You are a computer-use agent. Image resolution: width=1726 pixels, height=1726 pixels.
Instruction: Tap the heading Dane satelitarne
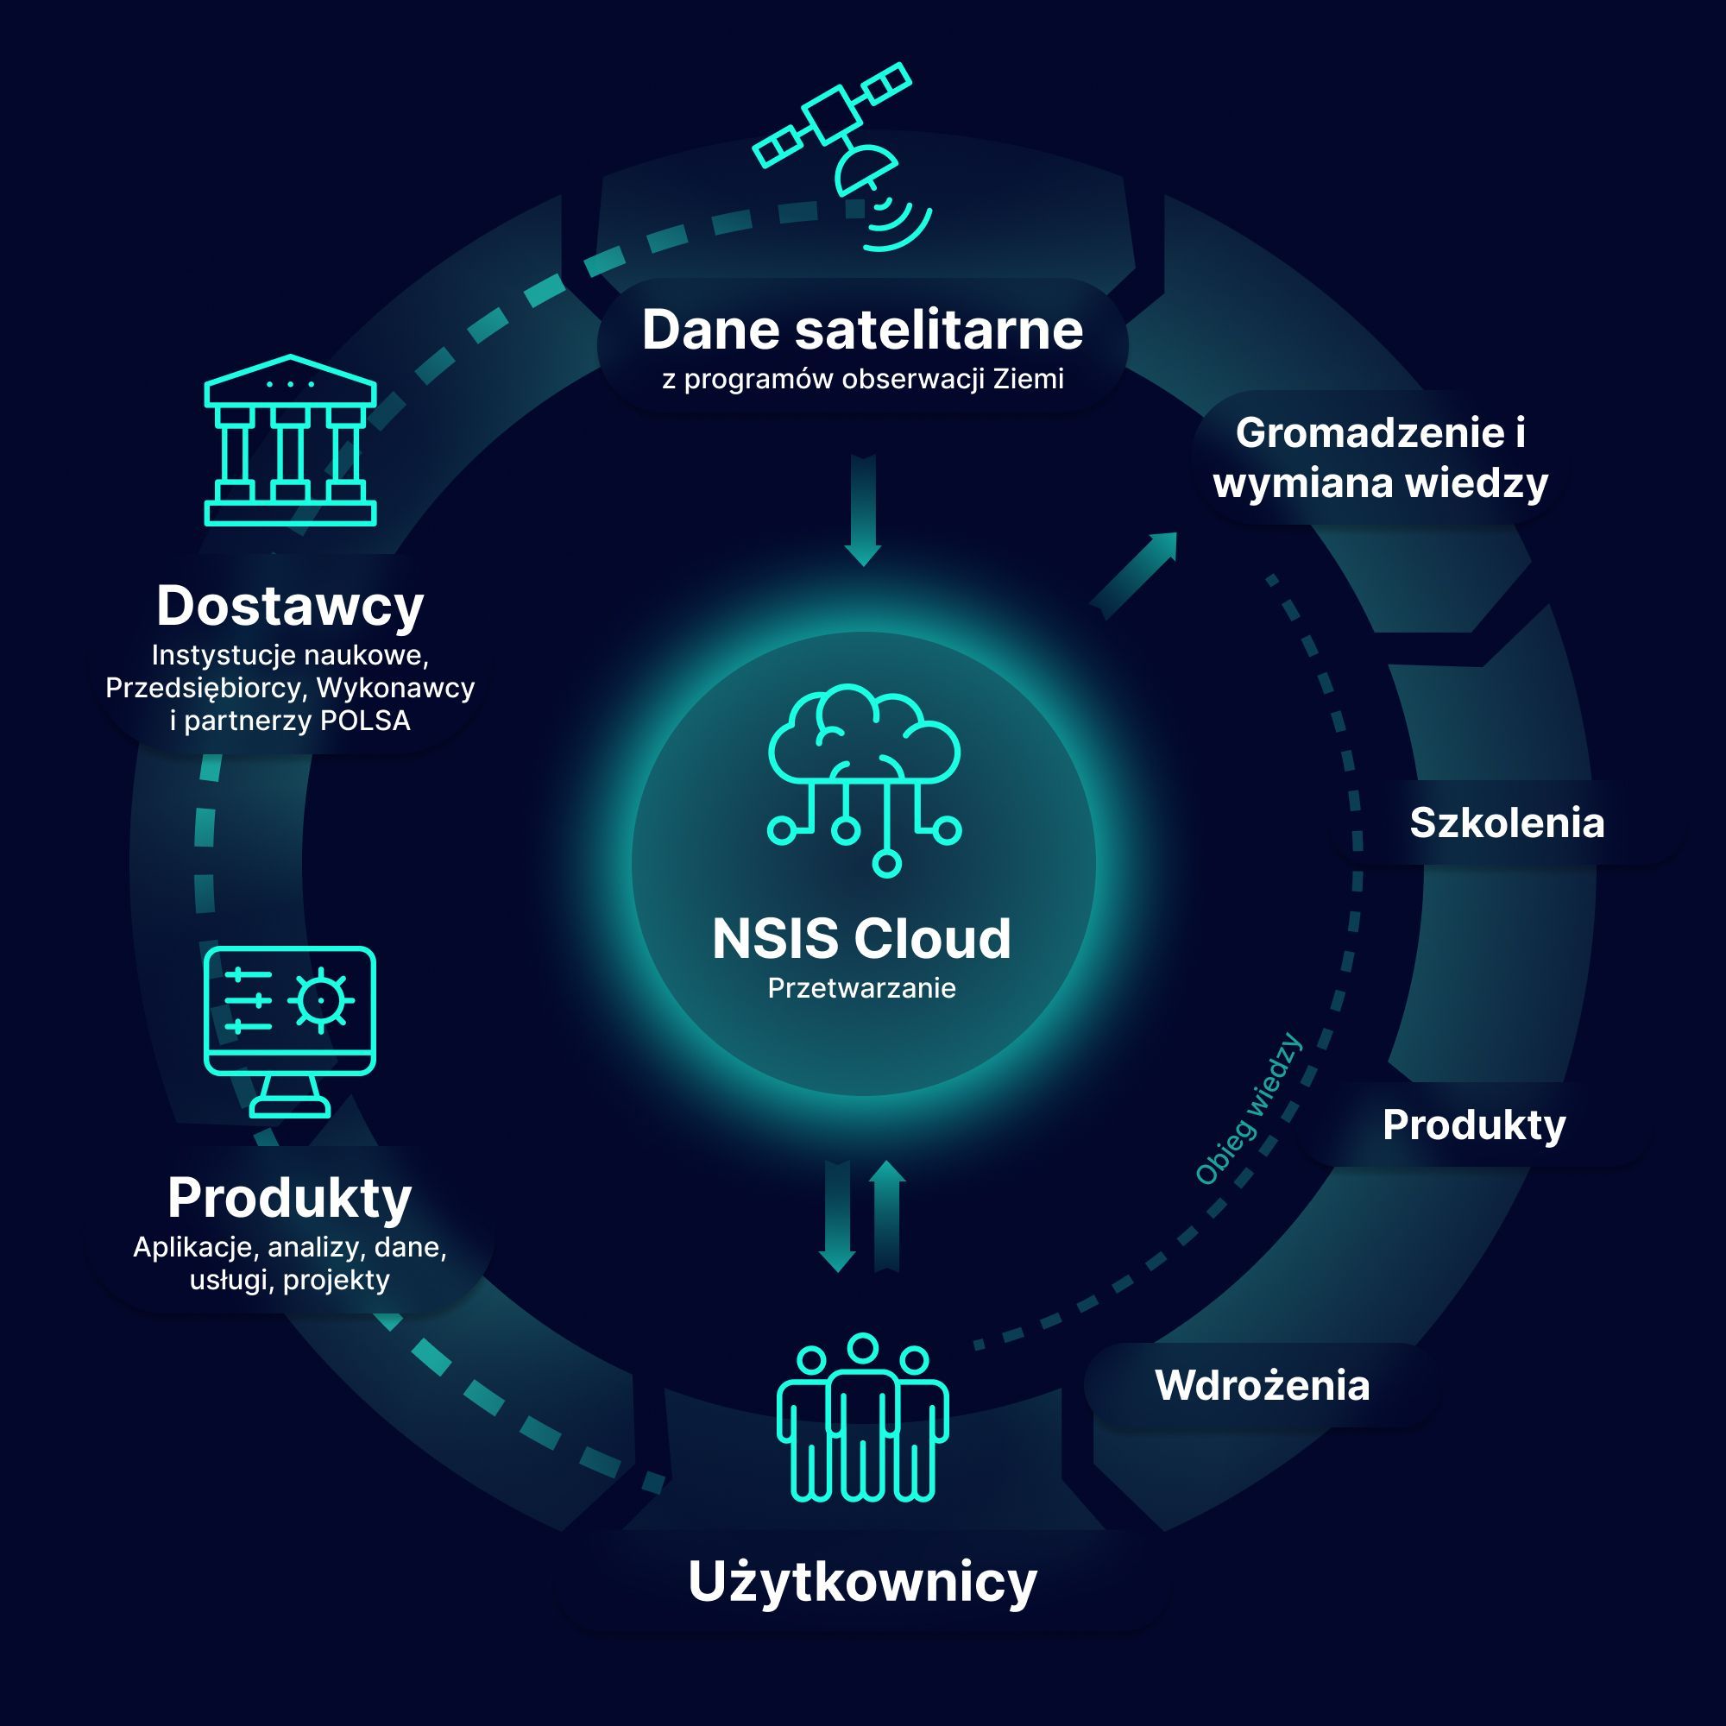click(x=862, y=330)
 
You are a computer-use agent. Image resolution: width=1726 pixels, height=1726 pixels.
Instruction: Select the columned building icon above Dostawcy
click(x=290, y=439)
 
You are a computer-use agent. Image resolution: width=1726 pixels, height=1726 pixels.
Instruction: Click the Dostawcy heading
click(x=290, y=606)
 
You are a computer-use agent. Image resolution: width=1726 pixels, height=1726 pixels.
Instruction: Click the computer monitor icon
click(x=290, y=1032)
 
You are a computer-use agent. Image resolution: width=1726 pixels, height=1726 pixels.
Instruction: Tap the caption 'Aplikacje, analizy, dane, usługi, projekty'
click(x=290, y=1263)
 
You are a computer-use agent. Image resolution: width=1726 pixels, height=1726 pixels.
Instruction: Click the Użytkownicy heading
click(x=862, y=1583)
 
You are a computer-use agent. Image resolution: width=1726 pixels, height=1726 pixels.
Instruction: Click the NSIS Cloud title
click(x=862, y=939)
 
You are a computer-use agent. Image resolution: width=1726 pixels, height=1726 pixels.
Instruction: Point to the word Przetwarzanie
click(x=862, y=988)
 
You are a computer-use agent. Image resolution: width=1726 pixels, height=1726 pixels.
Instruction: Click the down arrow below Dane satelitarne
click(x=863, y=510)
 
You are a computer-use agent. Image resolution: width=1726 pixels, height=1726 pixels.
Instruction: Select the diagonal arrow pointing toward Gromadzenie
click(x=1134, y=576)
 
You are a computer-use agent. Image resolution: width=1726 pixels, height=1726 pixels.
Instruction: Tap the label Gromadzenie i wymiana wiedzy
click(x=1380, y=458)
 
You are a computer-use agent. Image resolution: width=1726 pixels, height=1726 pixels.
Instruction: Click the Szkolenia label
click(x=1507, y=822)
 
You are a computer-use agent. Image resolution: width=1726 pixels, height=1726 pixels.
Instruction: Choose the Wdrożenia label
click(x=1263, y=1386)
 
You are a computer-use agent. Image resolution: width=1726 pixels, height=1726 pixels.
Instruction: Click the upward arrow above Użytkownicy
click(x=887, y=1215)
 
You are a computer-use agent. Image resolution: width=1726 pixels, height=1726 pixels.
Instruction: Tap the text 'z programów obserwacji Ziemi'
click(x=863, y=379)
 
